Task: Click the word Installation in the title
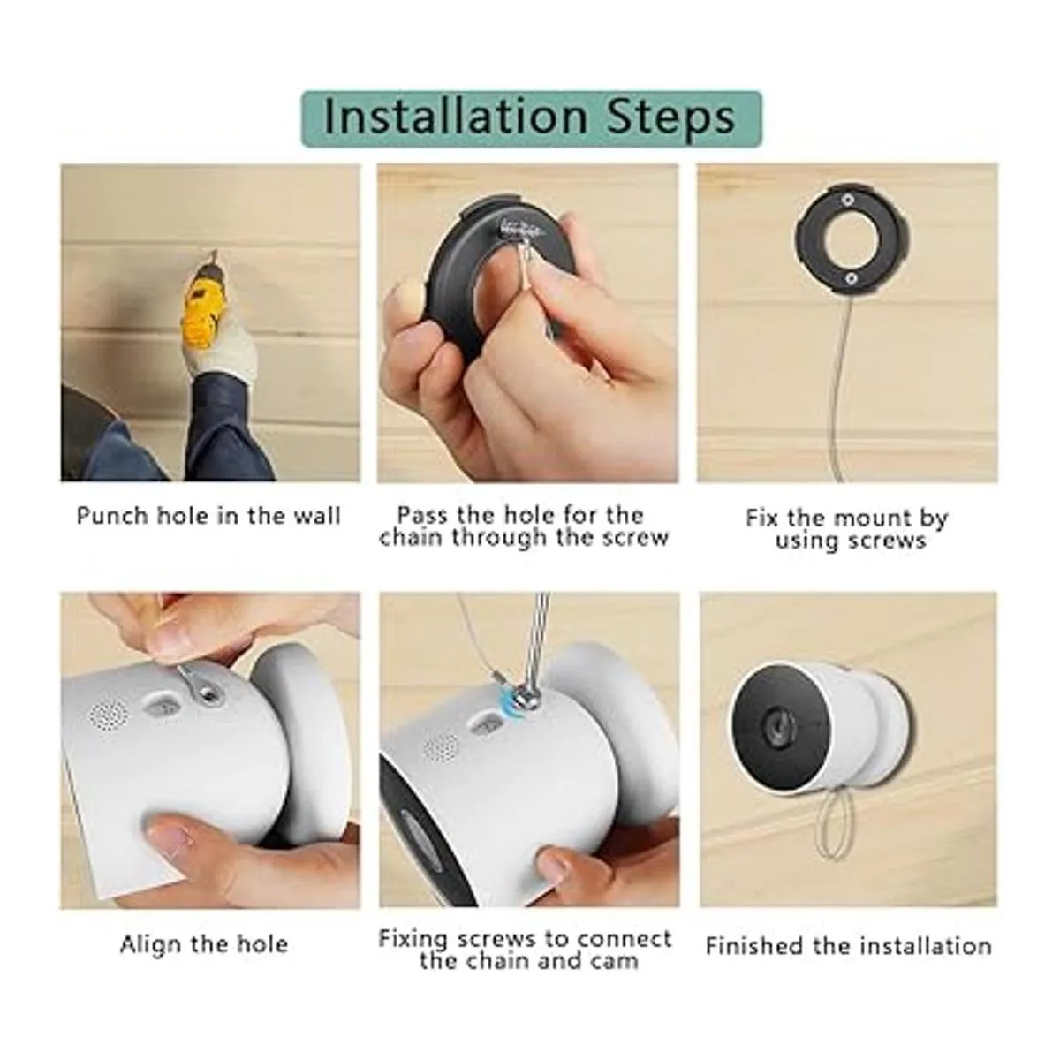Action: point(456,117)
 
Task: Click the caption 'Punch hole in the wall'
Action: point(208,516)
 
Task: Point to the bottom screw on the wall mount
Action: point(851,279)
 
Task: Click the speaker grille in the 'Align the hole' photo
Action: point(109,715)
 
